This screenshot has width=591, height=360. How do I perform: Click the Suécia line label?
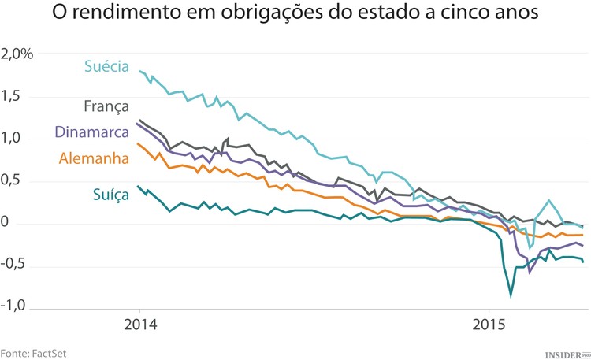coord(106,67)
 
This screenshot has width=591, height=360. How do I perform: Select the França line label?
coord(106,107)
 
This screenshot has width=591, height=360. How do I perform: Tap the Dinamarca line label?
coord(91,132)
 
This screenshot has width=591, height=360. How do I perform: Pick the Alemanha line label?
coord(94,158)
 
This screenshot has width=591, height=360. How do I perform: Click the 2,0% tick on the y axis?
coord(17,54)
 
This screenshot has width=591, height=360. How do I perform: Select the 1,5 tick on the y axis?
coord(13,97)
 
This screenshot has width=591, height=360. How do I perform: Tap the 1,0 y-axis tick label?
coord(13,139)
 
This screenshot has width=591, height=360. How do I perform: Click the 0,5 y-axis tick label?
coord(13,181)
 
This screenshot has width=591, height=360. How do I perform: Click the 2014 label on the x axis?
coord(139,325)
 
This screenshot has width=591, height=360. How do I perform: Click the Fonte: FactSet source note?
coord(33,351)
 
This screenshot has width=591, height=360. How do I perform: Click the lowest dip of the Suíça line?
coord(511,296)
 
